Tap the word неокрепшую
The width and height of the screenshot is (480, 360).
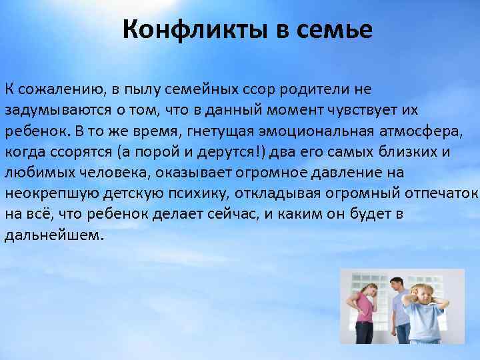pyautogui.click(x=43, y=194)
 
